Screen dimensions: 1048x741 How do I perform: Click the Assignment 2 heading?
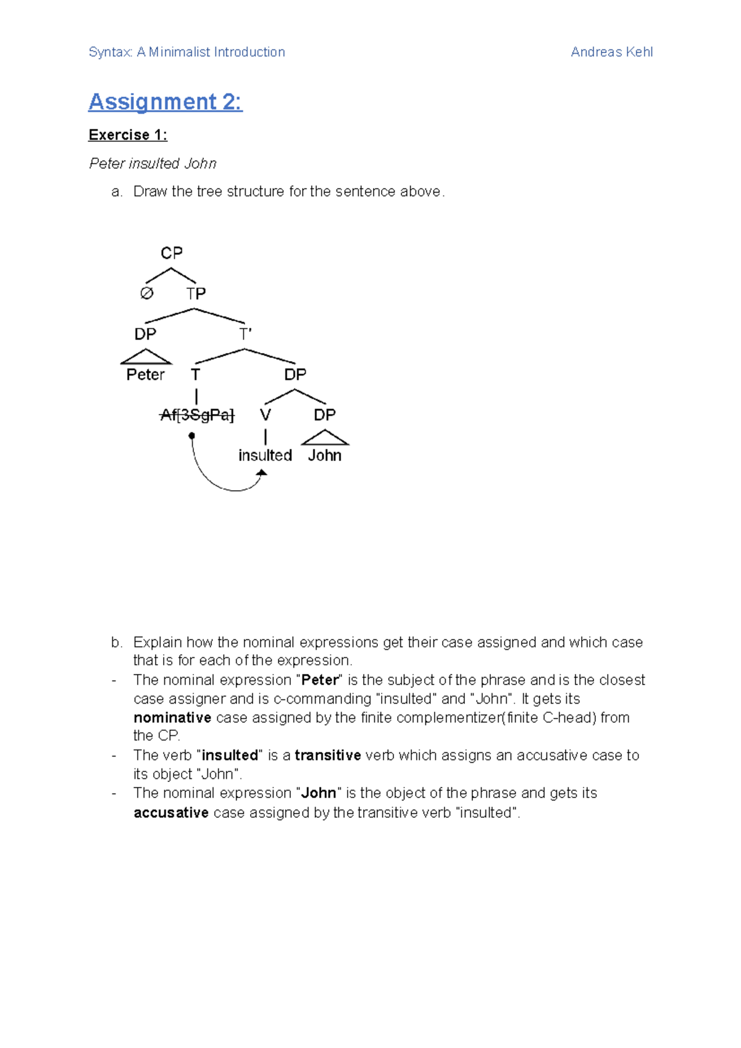click(x=165, y=102)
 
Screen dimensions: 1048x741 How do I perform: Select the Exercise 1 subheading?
click(x=128, y=135)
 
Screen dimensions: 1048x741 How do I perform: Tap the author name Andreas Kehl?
click(x=611, y=52)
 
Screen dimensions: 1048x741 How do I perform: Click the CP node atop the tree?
click(x=172, y=253)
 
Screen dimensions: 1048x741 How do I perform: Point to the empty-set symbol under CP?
click(x=146, y=293)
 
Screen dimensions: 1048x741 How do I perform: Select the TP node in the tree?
click(x=196, y=294)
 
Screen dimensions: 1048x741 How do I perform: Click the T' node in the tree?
click(x=245, y=335)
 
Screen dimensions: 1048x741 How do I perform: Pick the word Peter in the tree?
click(x=146, y=375)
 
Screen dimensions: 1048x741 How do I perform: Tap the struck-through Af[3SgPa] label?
click(x=197, y=415)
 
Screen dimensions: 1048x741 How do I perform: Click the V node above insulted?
click(x=266, y=415)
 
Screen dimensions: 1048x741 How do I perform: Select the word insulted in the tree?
click(x=265, y=455)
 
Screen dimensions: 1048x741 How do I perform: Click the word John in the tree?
click(x=325, y=455)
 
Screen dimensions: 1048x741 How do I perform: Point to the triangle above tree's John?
click(x=325, y=438)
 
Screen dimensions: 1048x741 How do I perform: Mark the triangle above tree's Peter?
click(x=146, y=357)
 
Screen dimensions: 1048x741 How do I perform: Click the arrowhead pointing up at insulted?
click(x=262, y=473)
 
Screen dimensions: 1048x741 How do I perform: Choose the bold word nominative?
click(x=172, y=718)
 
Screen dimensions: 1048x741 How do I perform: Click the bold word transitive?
click(x=328, y=755)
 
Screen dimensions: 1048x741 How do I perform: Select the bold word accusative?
click(x=171, y=813)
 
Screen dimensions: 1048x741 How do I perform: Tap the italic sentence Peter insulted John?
click(x=153, y=164)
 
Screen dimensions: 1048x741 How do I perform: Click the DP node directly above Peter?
click(x=146, y=335)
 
